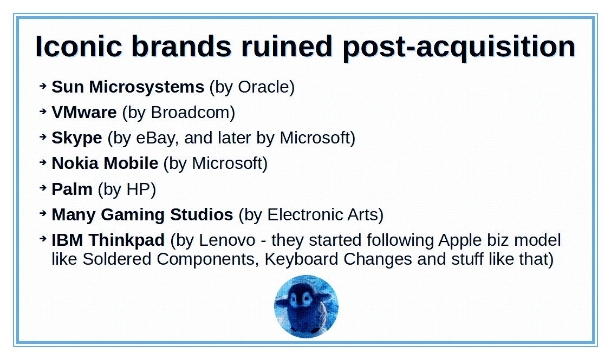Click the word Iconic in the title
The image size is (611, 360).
coord(79,47)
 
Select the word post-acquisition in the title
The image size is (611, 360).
coord(459,48)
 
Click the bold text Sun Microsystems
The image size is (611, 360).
coord(128,87)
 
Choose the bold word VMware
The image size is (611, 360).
coord(84,112)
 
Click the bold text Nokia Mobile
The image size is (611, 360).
coord(105,163)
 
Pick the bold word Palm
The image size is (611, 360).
coord(72,189)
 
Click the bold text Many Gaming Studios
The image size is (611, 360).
coord(142,215)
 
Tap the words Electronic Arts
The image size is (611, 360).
coord(323,215)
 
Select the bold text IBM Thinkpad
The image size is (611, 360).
coord(108,240)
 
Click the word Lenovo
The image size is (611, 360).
coord(227,240)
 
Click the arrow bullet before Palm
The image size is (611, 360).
coord(43,188)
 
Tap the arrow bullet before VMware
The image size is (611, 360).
coord(43,112)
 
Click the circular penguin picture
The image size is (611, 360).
coord(306,306)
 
